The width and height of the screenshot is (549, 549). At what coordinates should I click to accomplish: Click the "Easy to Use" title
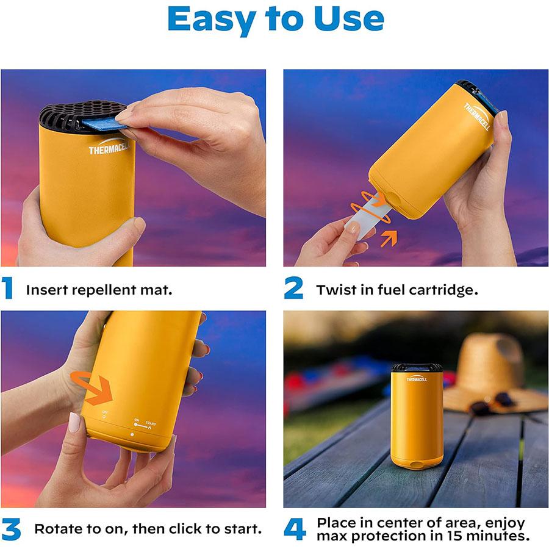click(x=275, y=20)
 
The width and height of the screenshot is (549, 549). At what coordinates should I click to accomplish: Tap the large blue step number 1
click(x=8, y=289)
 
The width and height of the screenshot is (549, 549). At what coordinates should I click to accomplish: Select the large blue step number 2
click(x=293, y=289)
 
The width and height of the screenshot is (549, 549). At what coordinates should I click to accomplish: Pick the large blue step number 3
click(x=11, y=528)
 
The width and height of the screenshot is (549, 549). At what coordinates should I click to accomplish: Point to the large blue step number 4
click(x=295, y=528)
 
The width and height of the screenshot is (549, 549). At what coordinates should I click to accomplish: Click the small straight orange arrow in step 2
click(x=389, y=237)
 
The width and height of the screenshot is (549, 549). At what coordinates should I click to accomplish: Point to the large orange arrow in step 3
click(x=98, y=390)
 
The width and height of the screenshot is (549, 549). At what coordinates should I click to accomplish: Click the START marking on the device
click(x=150, y=423)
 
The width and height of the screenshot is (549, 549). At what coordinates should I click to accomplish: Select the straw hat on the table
click(x=494, y=372)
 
